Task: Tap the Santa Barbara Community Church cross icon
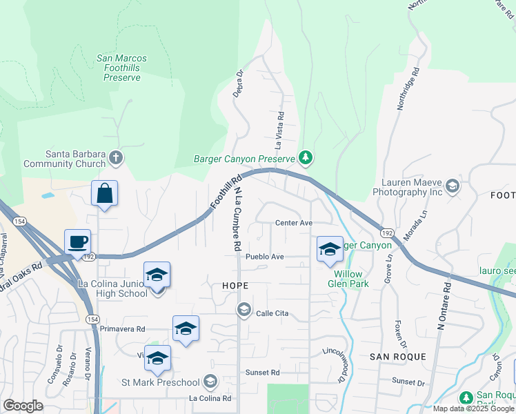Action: coord(116,159)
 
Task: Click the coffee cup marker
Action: coord(78,242)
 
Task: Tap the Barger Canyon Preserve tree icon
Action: coord(306,159)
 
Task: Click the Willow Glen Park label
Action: coord(353,278)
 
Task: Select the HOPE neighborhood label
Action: coord(235,285)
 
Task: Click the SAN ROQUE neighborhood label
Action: coord(397,356)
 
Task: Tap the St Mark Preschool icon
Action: coord(210,382)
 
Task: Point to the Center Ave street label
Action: coord(294,223)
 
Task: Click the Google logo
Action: coord(23,406)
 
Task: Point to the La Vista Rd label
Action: coord(279,131)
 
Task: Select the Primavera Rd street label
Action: coord(122,329)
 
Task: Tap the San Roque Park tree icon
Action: coord(466,397)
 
